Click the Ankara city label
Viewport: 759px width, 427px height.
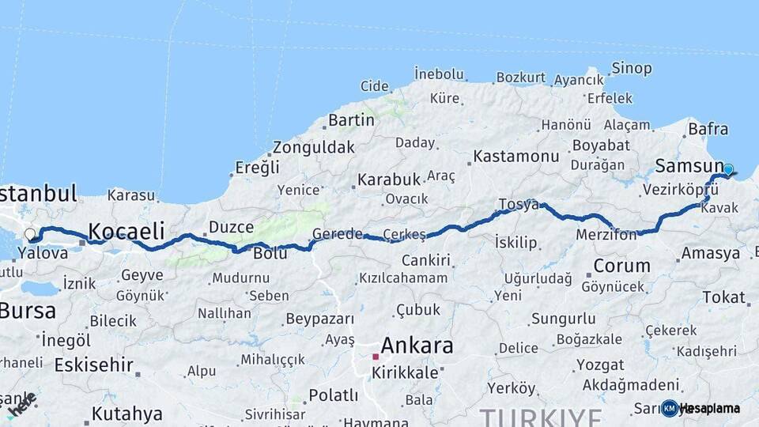pyautogui.click(x=417, y=346)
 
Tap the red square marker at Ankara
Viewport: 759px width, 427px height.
pyautogui.click(x=376, y=357)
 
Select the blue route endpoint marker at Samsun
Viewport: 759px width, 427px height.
pyautogui.click(x=728, y=168)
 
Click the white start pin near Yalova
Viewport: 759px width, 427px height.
pyautogui.click(x=30, y=234)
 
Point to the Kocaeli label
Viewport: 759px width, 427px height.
pyautogui.click(x=126, y=231)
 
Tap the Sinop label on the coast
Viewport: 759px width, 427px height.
pyautogui.click(x=631, y=68)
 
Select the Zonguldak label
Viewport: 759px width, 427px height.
pyautogui.click(x=313, y=147)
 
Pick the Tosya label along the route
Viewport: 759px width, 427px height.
pyautogui.click(x=518, y=205)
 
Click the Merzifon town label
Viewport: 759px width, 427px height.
pyautogui.click(x=606, y=235)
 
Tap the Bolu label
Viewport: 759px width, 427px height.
pyautogui.click(x=270, y=254)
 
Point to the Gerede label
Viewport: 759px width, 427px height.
pyautogui.click(x=337, y=234)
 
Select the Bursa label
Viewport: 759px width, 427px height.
pyautogui.click(x=28, y=310)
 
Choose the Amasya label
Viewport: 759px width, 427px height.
pyautogui.click(x=710, y=253)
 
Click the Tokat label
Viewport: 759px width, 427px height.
pyautogui.click(x=723, y=297)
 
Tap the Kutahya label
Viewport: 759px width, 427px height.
pyautogui.click(x=126, y=414)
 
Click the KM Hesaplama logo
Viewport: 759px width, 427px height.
pyautogui.click(x=701, y=408)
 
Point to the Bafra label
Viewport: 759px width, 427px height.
pyautogui.click(x=708, y=128)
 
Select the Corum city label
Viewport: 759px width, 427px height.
pyautogui.click(x=621, y=265)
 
